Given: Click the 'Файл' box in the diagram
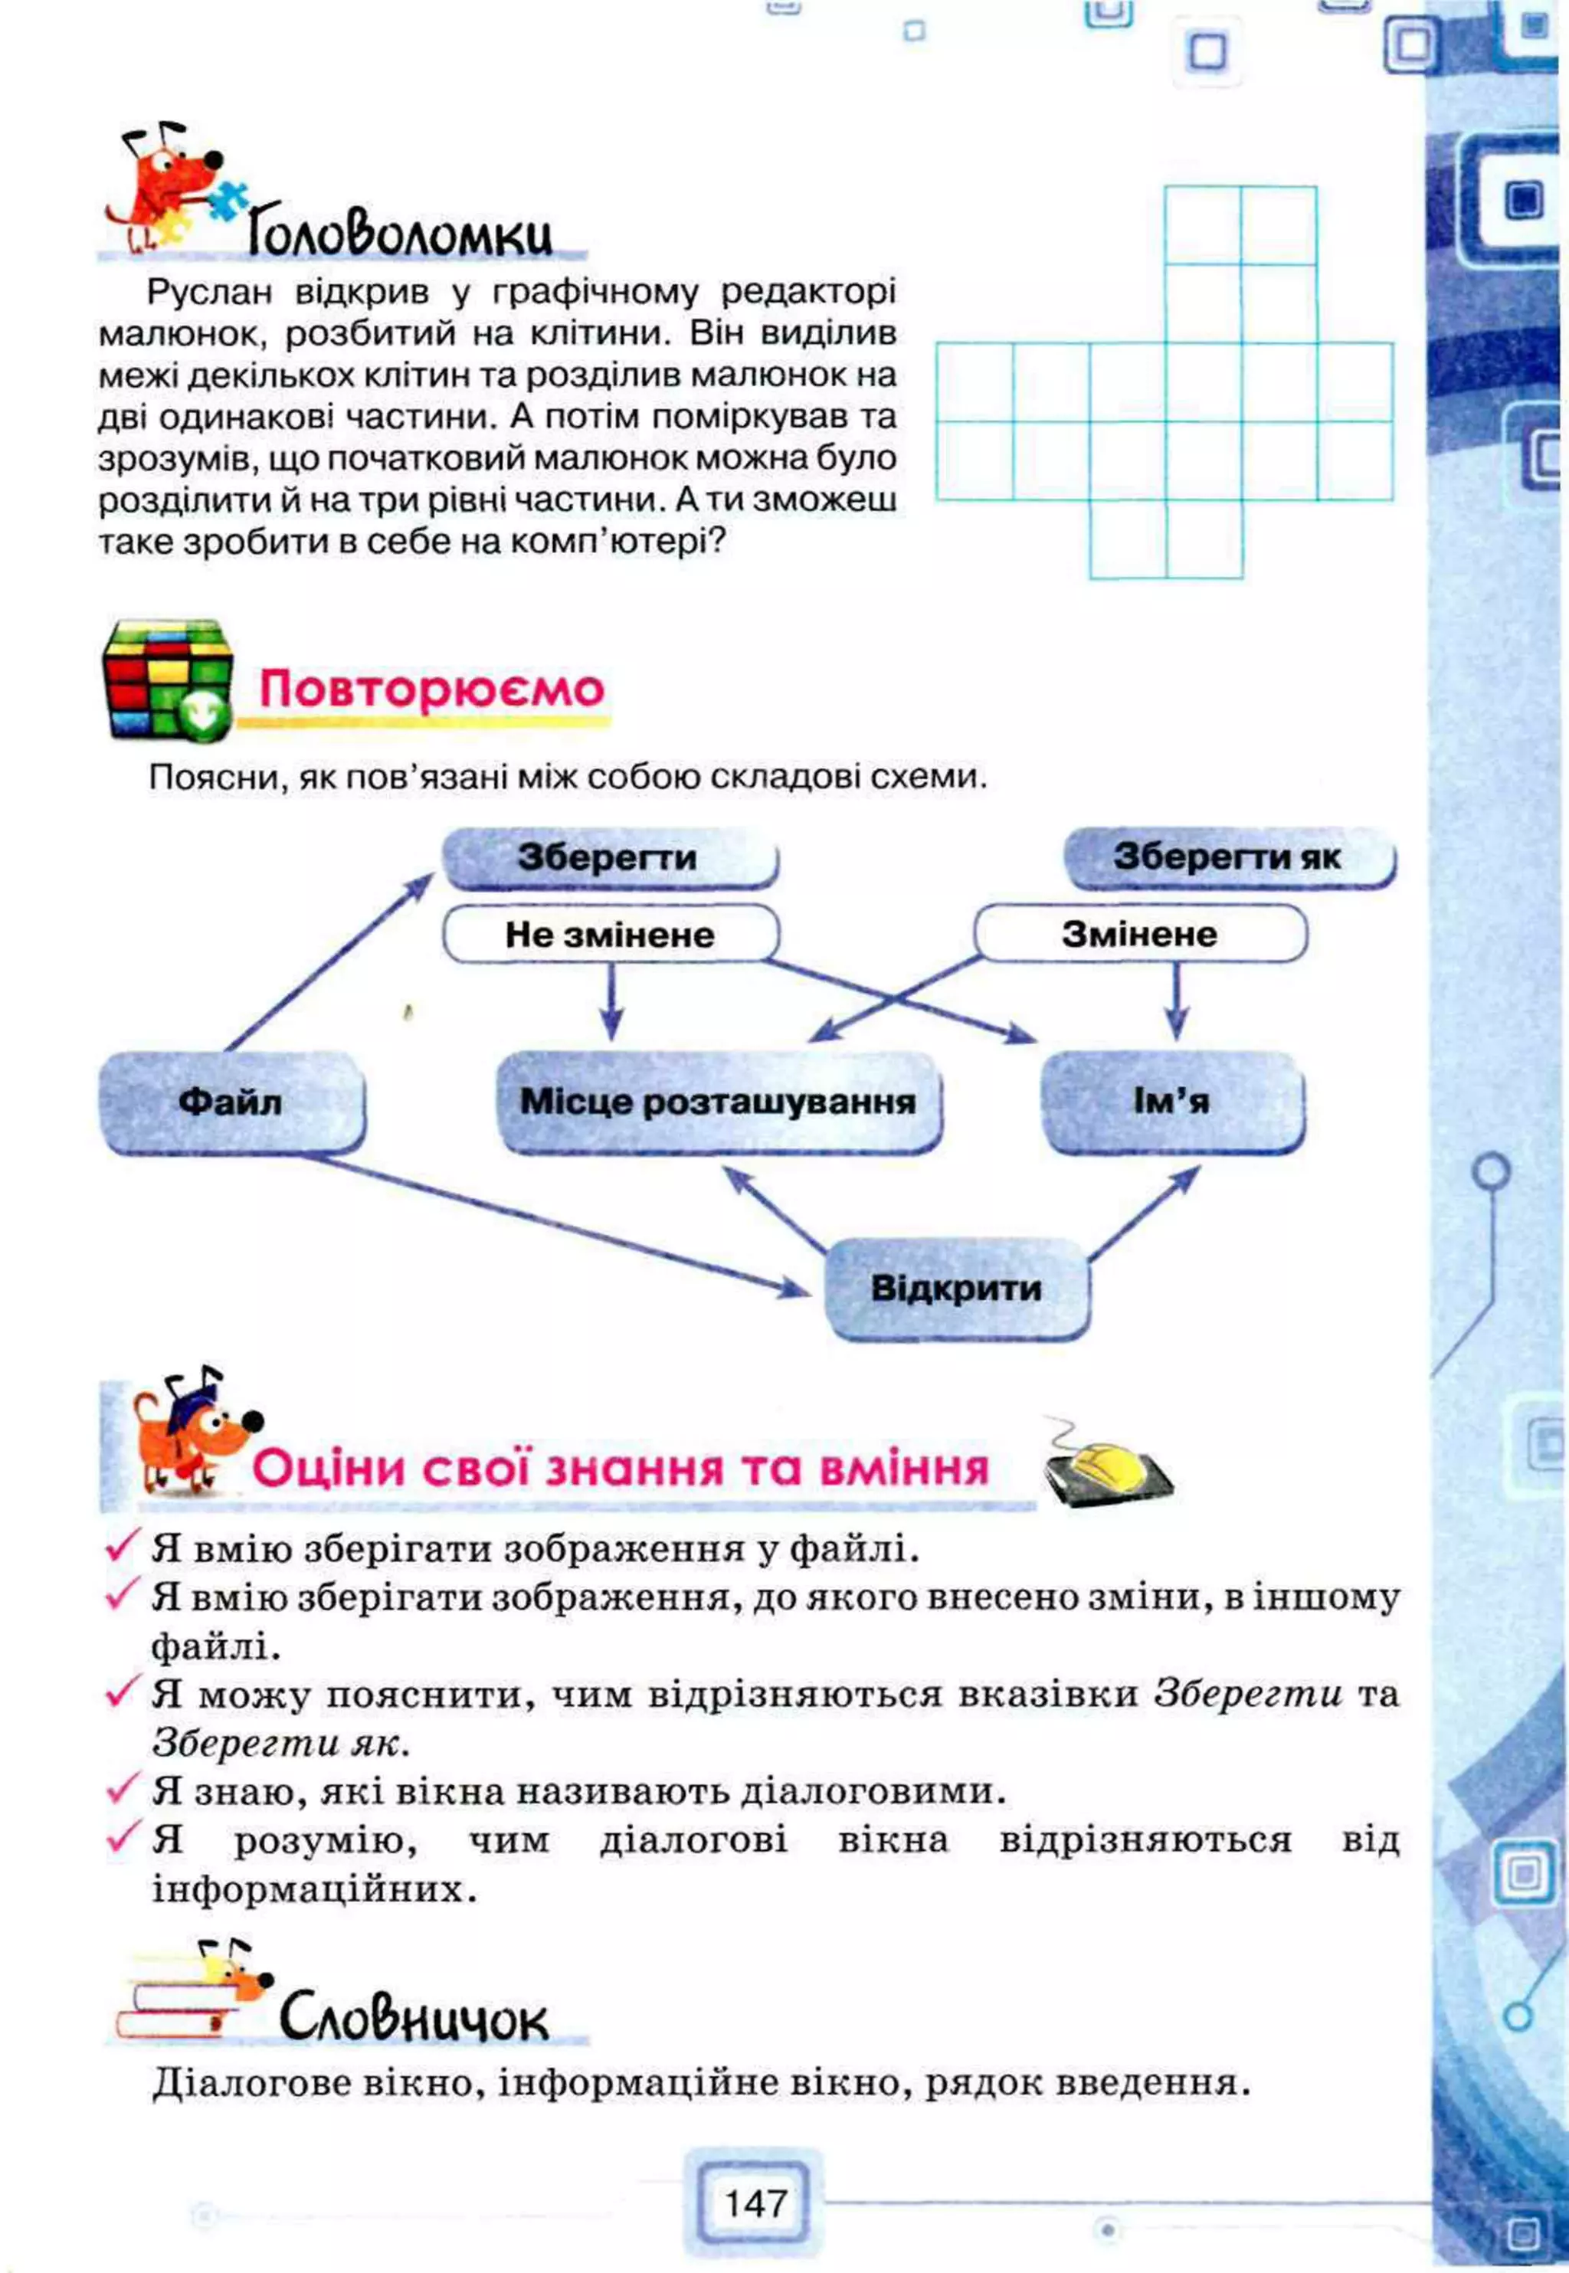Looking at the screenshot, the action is (x=231, y=1101).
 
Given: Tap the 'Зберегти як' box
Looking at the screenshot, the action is (x=1229, y=857).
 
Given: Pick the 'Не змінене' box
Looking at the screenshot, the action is (x=610, y=934).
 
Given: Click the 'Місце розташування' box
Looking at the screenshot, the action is (x=718, y=1101).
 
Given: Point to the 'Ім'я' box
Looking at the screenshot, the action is (x=1172, y=1101).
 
